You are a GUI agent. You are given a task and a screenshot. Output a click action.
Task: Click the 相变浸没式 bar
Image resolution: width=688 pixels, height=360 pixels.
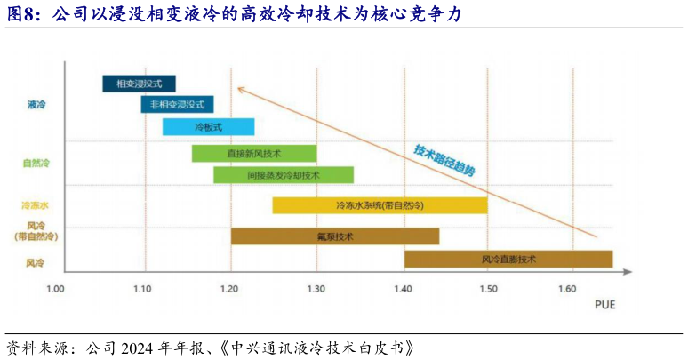pos(140,84)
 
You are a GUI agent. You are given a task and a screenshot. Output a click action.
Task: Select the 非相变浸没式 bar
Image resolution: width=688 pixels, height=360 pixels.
pos(178,105)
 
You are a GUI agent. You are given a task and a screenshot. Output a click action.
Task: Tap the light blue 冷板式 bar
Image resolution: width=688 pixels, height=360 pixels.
pos(208,127)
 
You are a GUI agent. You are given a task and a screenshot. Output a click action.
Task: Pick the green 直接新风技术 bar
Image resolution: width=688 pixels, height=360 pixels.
pos(254,154)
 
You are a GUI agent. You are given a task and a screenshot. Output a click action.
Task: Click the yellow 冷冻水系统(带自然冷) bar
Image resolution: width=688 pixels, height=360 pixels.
pos(380,205)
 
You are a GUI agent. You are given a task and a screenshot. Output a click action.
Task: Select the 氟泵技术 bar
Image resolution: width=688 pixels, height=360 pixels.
pos(335,236)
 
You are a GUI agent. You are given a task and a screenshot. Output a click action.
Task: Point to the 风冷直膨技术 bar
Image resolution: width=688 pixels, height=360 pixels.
pos(508,260)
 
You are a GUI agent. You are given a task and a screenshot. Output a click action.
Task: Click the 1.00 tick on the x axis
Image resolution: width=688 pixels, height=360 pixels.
pos(56,289)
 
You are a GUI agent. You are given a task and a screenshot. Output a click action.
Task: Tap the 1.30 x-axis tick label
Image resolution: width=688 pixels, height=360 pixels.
pos(316,289)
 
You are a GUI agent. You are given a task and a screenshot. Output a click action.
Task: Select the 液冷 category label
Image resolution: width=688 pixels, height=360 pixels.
pos(36,105)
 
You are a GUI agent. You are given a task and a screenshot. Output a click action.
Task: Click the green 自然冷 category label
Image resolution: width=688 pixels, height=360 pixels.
pos(36,164)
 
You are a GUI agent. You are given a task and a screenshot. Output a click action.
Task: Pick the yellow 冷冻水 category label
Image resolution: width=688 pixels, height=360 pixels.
pos(36,205)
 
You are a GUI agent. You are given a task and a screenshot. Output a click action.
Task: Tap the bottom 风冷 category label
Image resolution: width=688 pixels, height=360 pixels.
pos(36,263)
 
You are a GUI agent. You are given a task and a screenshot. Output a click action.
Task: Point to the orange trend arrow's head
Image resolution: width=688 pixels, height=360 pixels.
pos(237,87)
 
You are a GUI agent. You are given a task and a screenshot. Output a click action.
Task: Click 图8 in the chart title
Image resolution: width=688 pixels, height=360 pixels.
pos(24,15)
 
